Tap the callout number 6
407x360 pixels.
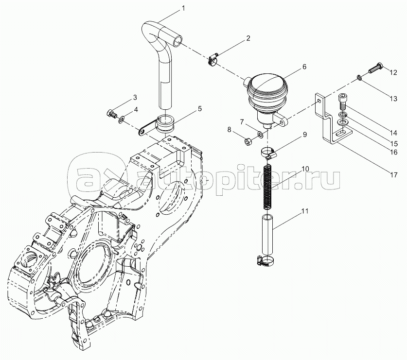(x=305, y=67)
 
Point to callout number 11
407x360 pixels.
(x=304, y=211)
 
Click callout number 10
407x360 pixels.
(x=304, y=169)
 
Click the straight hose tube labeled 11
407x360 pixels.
(x=267, y=233)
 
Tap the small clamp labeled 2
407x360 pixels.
(x=212, y=59)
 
